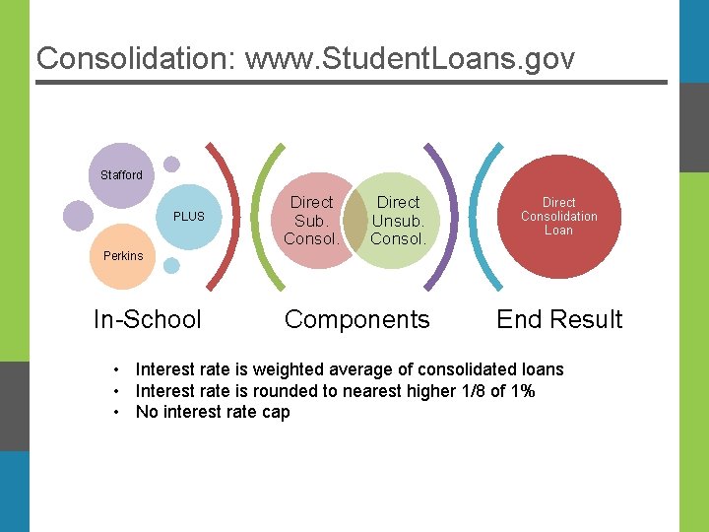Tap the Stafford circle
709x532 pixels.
[121, 174]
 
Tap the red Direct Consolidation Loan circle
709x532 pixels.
[559, 217]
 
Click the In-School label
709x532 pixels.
[147, 319]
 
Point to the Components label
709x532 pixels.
[356, 319]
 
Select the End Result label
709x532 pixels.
[559, 319]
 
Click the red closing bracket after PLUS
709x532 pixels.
[231, 217]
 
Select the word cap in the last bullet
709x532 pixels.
[276, 412]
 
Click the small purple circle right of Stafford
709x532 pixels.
[171, 165]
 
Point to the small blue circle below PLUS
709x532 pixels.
[171, 265]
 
